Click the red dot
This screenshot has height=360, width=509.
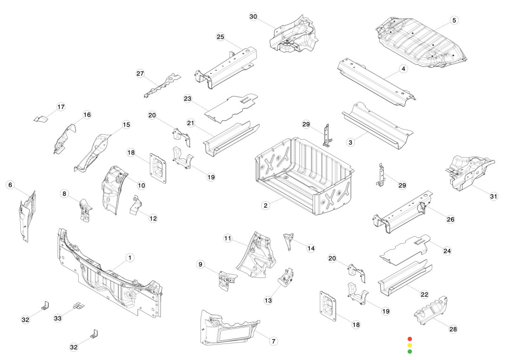click(x=410, y=339)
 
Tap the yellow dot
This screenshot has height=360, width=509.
click(x=410, y=345)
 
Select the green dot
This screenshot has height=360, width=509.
click(x=410, y=352)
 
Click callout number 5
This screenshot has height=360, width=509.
click(x=454, y=20)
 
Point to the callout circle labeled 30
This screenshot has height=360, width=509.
click(x=253, y=16)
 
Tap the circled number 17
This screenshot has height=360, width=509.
click(x=61, y=107)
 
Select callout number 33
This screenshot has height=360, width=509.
click(x=57, y=319)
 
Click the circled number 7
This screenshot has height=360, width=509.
click(x=273, y=341)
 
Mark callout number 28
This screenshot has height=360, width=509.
click(x=453, y=329)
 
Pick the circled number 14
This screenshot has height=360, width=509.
click(x=311, y=248)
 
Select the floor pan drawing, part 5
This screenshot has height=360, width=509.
click(x=422, y=43)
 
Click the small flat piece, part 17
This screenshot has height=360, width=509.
click(x=41, y=118)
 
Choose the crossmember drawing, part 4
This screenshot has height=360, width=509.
click(x=377, y=80)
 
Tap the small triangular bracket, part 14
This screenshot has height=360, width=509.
click(x=288, y=240)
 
